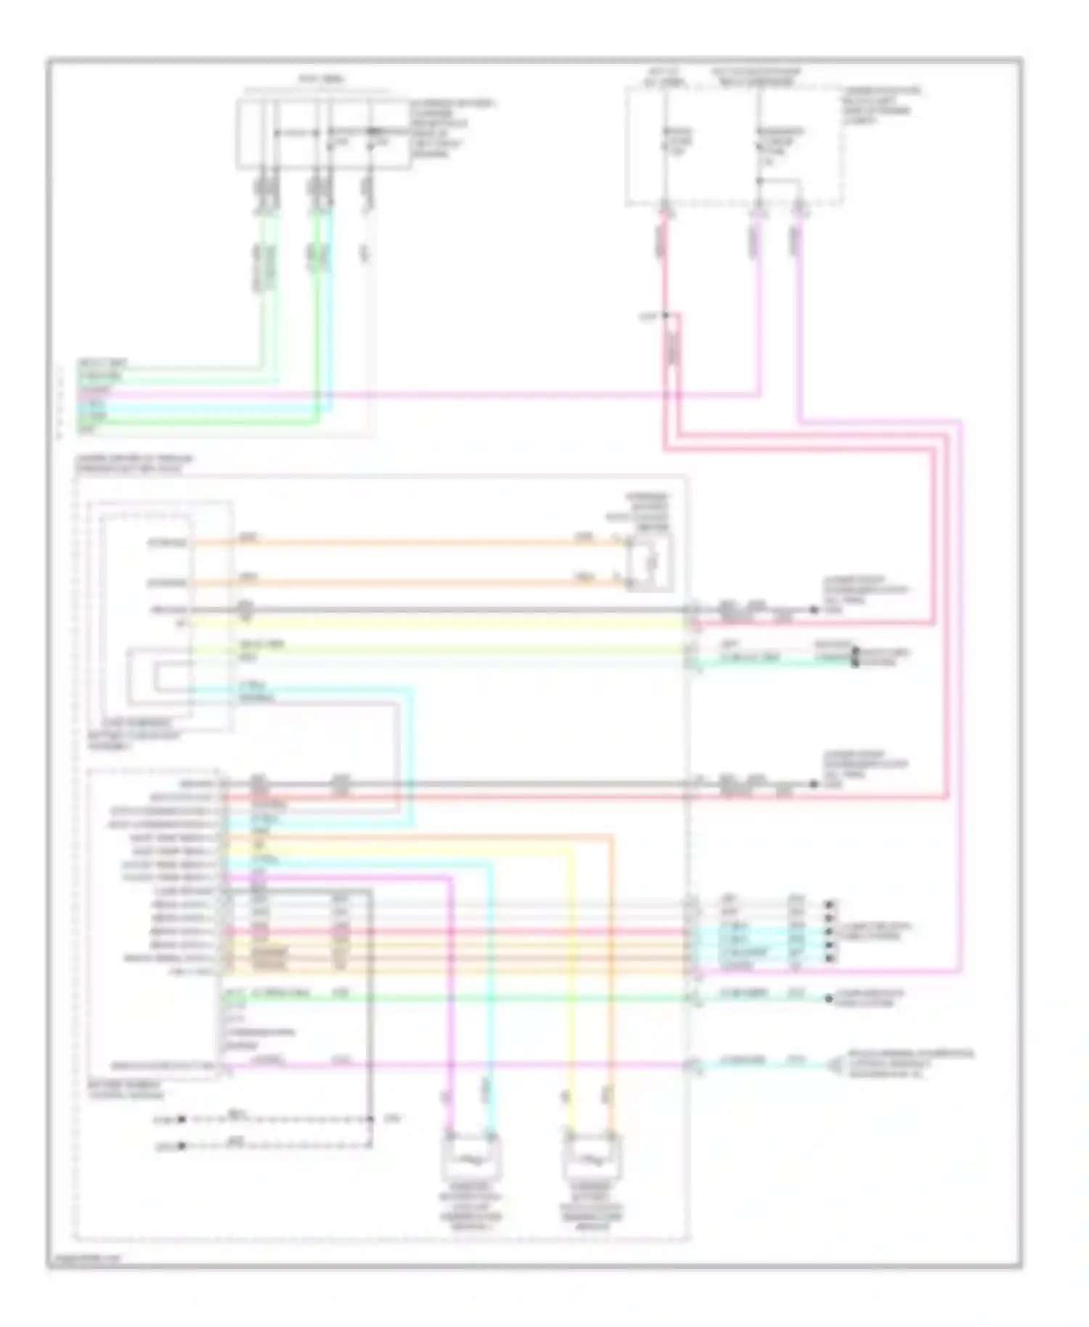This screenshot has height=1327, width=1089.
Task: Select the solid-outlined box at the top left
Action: coord(323,135)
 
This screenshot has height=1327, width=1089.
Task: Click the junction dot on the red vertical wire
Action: coord(665,316)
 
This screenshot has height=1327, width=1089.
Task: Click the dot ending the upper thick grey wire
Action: coord(815,610)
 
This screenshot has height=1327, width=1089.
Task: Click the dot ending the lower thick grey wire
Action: coord(815,785)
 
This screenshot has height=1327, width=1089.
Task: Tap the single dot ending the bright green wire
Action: coord(829,999)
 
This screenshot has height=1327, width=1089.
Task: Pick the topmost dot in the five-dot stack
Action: coord(830,905)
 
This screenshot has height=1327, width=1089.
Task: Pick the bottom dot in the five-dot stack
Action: coord(830,959)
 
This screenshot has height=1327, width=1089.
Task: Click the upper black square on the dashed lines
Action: coord(182,1119)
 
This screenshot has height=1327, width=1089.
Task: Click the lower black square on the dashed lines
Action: coord(182,1146)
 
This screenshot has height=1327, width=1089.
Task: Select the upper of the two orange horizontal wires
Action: coord(407,542)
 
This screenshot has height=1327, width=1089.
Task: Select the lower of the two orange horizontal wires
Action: coord(407,582)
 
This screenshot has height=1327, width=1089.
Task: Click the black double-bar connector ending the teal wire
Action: coord(855,657)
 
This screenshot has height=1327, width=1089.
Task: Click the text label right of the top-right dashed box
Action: coord(881,106)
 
